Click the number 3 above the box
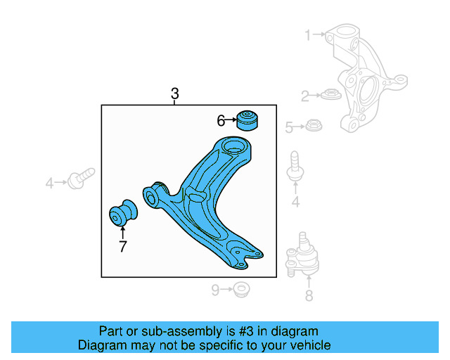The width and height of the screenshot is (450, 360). tap(175, 94)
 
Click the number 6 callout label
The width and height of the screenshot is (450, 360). tap(221, 121)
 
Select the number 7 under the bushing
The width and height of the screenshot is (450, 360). tap(122, 246)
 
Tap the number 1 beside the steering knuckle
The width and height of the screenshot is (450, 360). tap(307, 34)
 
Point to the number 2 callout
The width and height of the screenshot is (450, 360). tap(306, 96)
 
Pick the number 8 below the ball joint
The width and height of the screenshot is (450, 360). tap(309, 296)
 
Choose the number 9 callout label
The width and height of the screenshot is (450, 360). tap(217, 289)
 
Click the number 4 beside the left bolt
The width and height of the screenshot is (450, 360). tap(50, 184)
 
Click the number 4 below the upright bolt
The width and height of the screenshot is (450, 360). tap(295, 203)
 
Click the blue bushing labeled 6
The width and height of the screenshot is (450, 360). tap(247, 120)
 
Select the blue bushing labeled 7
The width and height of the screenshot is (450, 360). tap(124, 214)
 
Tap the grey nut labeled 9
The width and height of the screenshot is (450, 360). tap(242, 288)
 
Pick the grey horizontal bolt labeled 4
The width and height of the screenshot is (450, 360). tap(83, 177)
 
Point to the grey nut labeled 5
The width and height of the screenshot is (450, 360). tap(313, 127)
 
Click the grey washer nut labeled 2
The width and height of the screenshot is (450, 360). tap(330, 94)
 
